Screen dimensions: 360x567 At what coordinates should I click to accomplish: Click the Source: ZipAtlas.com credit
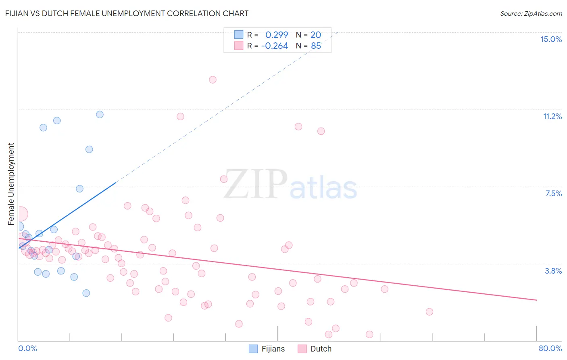point(531,13)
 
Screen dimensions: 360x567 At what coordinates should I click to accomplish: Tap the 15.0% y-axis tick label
point(551,39)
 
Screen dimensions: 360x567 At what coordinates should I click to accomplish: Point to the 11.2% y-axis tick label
point(552,116)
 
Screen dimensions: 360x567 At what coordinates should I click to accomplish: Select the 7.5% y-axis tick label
point(553,193)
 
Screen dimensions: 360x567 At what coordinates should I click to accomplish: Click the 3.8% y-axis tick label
point(553,271)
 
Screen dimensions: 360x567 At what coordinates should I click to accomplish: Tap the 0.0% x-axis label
point(27,348)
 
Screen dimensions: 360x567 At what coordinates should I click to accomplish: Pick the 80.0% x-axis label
point(550,348)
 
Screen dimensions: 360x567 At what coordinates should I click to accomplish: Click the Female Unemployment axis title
point(11,184)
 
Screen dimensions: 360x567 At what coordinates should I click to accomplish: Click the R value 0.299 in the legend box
point(277,35)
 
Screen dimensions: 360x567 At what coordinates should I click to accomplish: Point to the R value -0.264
point(275,46)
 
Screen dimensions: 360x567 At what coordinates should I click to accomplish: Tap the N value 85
point(316,46)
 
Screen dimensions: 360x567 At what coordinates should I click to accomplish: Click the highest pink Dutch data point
point(213,80)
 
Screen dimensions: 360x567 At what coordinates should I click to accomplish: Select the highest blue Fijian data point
point(100,115)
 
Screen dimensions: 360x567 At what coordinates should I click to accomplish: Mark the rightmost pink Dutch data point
point(429,312)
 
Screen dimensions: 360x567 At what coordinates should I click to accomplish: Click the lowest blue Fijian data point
point(86,293)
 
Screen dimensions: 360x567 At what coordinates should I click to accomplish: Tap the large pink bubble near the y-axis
point(21,214)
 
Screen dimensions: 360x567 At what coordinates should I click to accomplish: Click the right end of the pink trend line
point(536,300)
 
